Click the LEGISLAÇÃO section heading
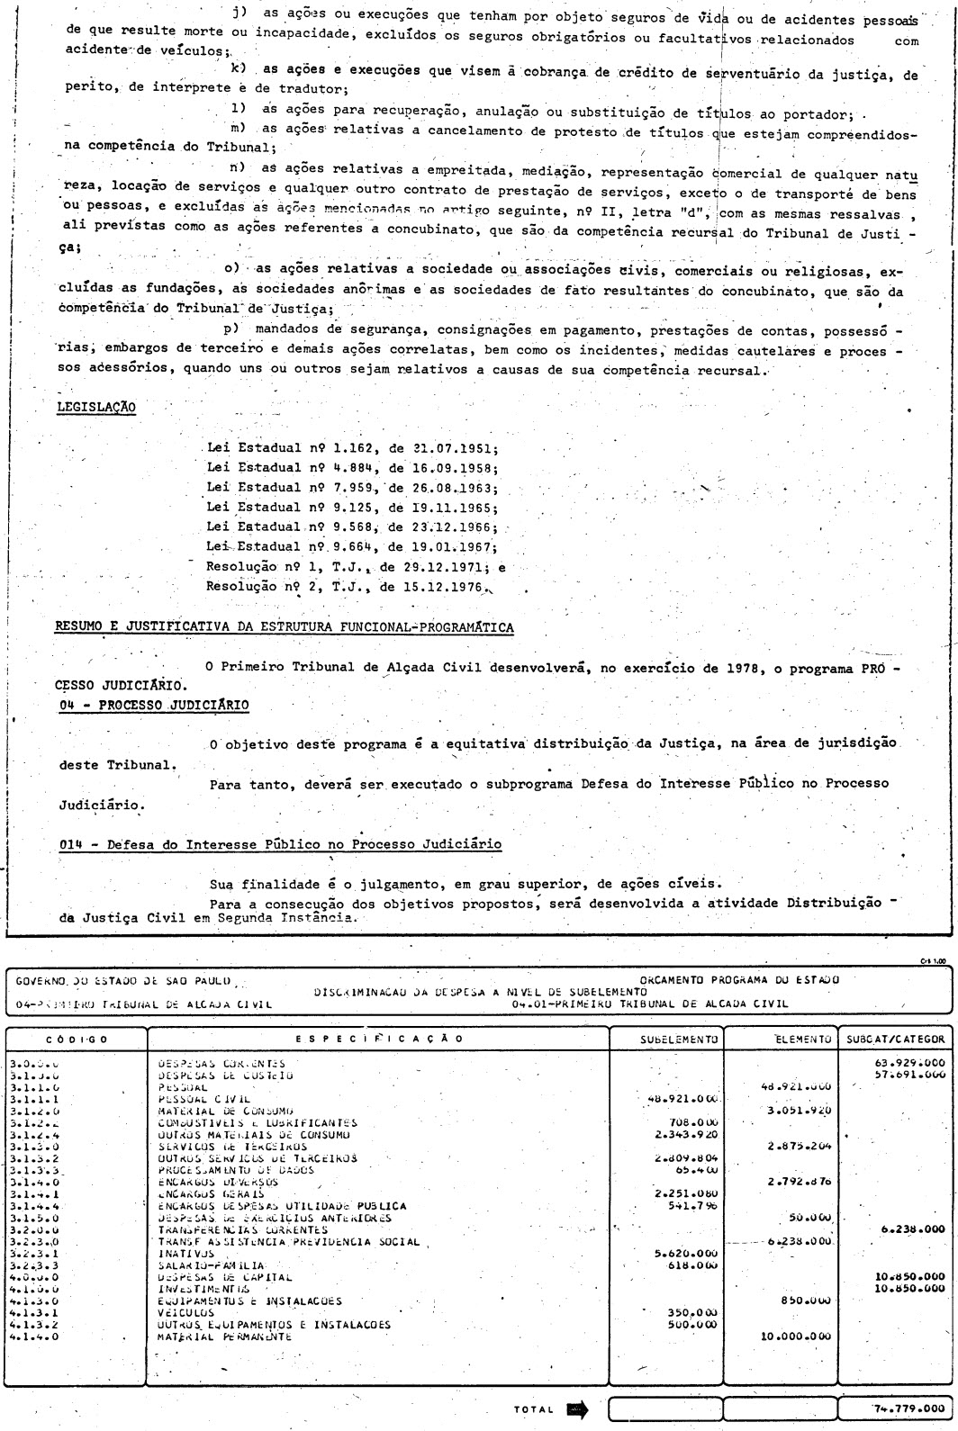[x=95, y=407]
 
